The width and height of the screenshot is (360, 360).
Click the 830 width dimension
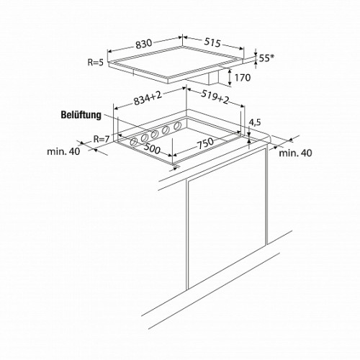144,44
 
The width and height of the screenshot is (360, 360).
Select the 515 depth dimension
212,42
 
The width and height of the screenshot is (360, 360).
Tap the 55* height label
266,58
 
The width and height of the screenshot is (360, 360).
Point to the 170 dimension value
243,78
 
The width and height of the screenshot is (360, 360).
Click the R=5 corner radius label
95,63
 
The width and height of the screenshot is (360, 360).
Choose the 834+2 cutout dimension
148,98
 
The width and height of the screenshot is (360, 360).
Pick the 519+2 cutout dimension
215,96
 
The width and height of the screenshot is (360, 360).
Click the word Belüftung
81,114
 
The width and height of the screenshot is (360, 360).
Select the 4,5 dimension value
255,122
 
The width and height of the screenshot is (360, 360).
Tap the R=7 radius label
102,139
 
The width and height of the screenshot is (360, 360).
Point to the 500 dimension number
152,148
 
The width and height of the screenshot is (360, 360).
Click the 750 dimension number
205,143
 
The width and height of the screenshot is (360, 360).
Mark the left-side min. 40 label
63,151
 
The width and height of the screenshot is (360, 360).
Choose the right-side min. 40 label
295,153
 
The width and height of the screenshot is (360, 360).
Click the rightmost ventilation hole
177,125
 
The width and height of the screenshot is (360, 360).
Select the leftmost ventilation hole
133,143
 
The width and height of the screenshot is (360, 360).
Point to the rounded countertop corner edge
269,138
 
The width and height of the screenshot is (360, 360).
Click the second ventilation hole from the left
145,138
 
